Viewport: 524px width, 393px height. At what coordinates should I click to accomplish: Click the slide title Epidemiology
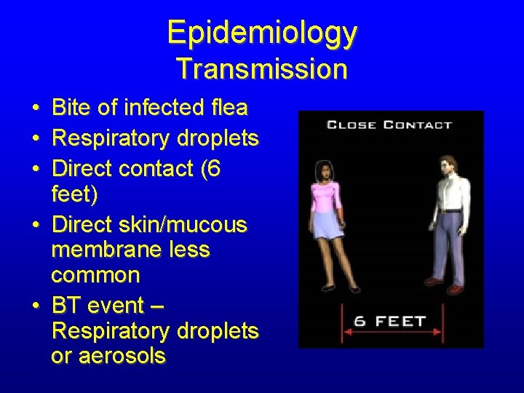[262, 33]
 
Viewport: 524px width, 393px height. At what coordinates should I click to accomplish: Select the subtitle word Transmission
[262, 69]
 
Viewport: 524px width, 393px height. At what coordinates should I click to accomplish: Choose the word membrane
[104, 250]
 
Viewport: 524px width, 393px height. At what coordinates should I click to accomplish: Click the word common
[95, 275]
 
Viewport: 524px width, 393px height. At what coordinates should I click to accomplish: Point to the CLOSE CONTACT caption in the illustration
[389, 125]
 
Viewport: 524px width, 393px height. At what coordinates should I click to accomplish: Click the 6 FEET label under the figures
[390, 321]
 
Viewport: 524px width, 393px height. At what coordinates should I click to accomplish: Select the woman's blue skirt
[327, 224]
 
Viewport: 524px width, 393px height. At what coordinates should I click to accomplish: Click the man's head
[449, 165]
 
